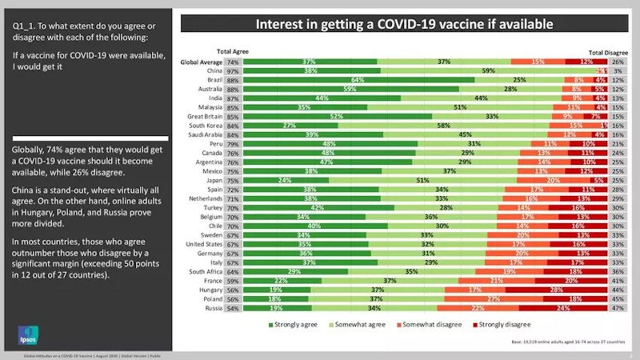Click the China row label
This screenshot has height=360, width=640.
click(212, 71)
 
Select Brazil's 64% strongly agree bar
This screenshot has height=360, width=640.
click(358, 80)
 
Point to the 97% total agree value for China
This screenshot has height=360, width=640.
click(233, 71)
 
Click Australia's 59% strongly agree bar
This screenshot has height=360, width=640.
click(350, 90)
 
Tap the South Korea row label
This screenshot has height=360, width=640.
click(205, 126)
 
